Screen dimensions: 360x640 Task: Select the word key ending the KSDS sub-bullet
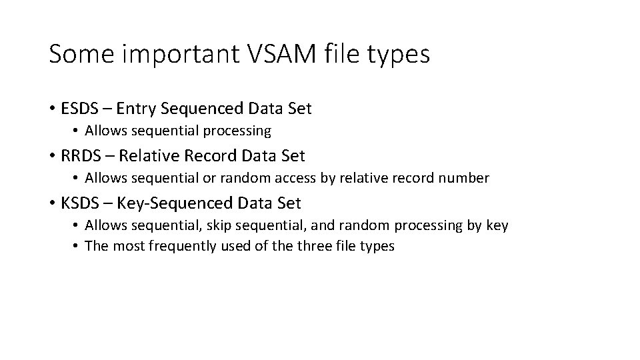tap(497, 225)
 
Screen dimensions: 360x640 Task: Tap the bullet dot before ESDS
tap(52, 108)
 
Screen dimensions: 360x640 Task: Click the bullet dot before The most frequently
tap(77, 246)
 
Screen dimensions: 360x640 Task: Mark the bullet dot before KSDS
tap(52, 202)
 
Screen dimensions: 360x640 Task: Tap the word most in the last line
tap(125, 246)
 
